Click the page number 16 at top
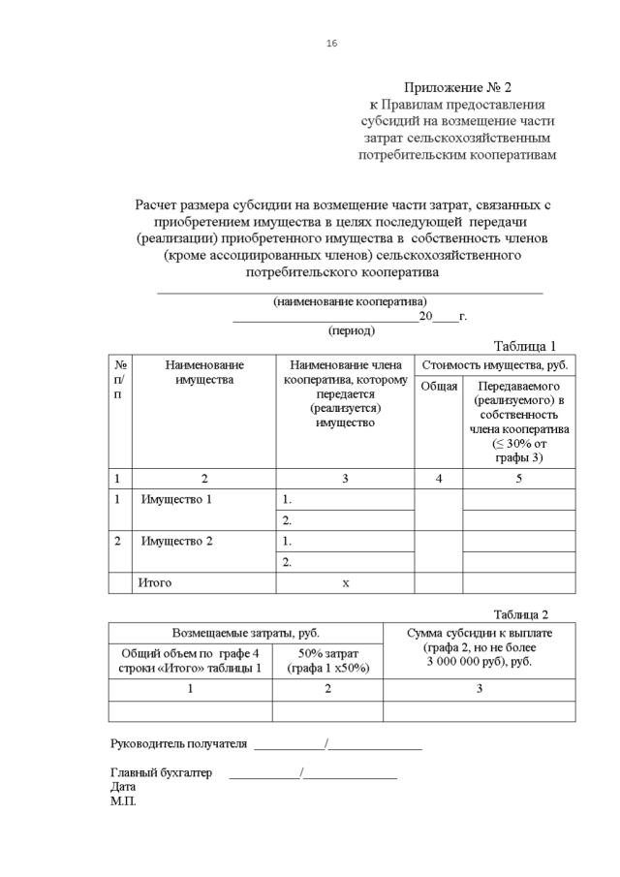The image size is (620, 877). [332, 44]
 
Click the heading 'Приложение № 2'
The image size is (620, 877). [457, 86]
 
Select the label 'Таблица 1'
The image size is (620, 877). [524, 346]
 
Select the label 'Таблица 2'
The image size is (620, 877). [521, 614]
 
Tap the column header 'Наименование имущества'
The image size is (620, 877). [204, 372]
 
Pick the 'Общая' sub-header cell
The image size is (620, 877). [439, 387]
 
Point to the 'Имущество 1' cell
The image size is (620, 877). [176, 500]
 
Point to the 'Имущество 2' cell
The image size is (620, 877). [176, 541]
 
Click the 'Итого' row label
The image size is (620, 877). [155, 583]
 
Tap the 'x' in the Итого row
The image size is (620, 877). [345, 583]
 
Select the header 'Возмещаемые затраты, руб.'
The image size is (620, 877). [245, 632]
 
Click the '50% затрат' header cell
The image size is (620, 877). [327, 661]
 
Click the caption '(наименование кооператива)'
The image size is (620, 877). [350, 301]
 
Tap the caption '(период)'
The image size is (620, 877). [352, 330]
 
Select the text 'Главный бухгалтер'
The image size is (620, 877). [160, 773]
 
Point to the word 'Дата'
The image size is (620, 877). [124, 788]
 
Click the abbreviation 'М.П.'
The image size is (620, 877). [123, 802]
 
